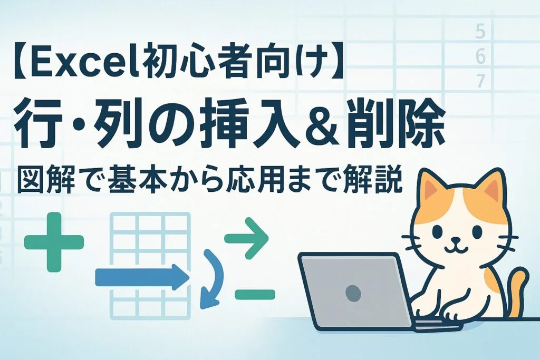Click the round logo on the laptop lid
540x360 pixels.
click(x=352, y=291)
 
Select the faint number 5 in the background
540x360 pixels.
click(x=480, y=33)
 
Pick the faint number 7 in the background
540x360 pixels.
click(x=480, y=81)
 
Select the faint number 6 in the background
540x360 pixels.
click(x=480, y=57)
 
